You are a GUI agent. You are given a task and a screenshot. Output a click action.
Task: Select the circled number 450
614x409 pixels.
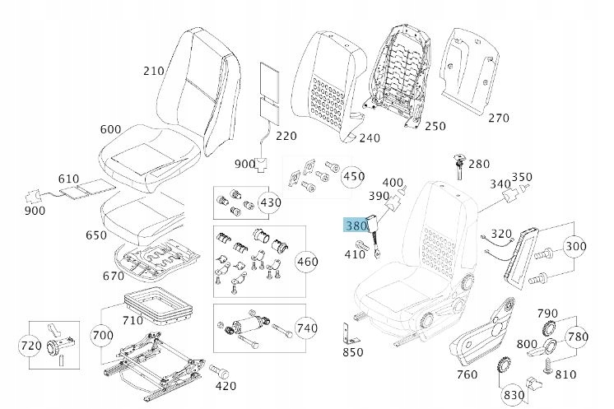point(353,176)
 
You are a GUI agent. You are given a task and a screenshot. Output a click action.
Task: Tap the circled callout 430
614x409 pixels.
point(269,202)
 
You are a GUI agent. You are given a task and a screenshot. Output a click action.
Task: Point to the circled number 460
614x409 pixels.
point(306,263)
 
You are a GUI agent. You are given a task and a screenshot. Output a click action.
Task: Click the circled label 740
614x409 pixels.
point(306,328)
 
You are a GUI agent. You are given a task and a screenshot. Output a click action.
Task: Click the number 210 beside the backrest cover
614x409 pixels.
point(154,71)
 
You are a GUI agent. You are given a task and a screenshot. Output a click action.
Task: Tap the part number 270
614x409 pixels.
point(499,118)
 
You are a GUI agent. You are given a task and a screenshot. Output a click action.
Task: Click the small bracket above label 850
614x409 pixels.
point(349,334)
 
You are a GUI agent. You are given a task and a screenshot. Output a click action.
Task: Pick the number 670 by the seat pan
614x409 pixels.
point(114,275)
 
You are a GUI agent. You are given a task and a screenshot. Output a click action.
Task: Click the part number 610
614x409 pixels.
point(68,179)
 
